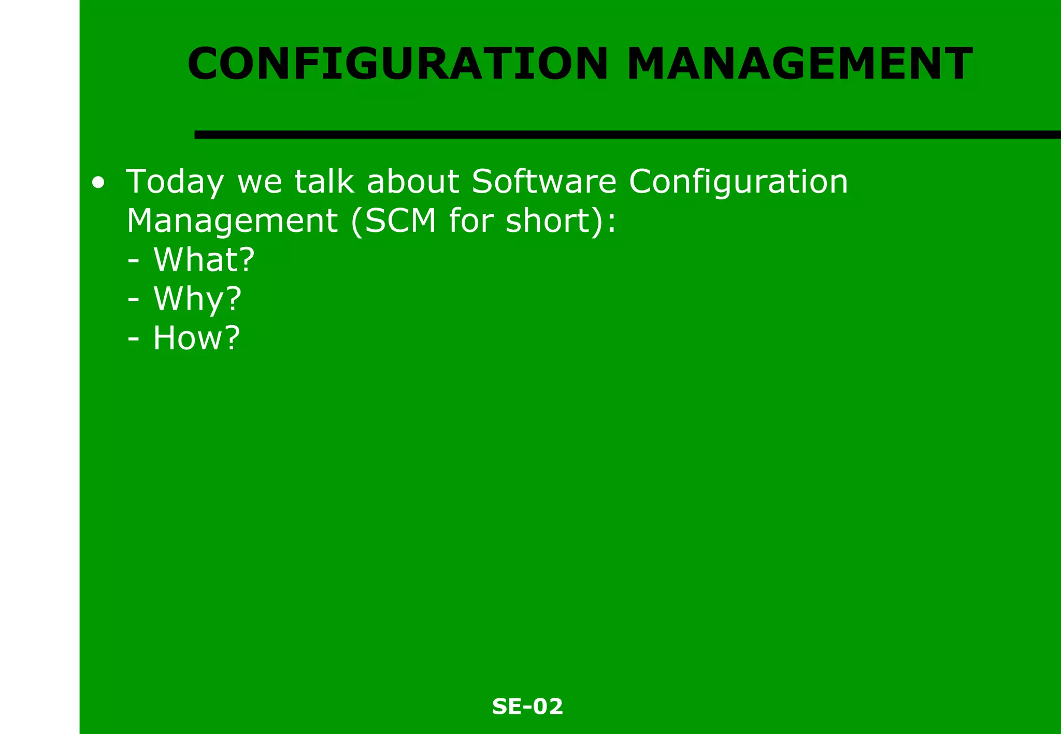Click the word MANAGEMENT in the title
799,64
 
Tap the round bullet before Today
98,183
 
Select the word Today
175,182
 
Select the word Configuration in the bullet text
738,182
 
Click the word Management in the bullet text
232,221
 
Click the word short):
561,221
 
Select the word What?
204,259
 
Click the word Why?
197,299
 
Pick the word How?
196,338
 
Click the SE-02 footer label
527,707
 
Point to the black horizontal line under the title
622,135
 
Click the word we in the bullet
260,182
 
